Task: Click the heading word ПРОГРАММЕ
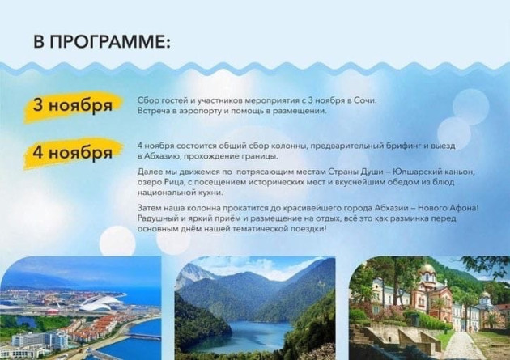[x=111, y=41]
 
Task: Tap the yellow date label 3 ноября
[x=73, y=106]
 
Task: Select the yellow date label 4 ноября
[x=73, y=153]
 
